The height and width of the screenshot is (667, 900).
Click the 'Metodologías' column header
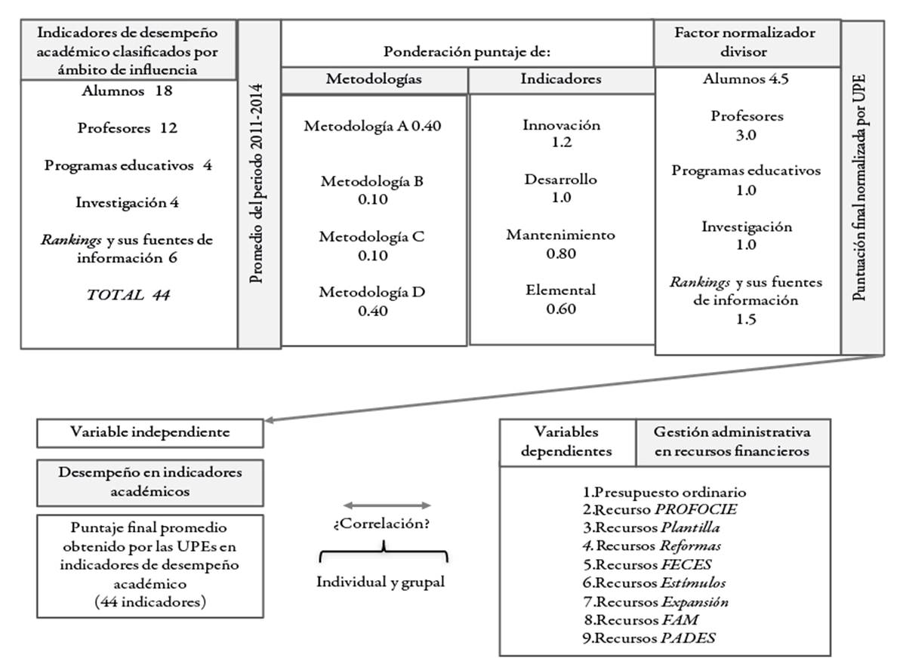click(x=374, y=78)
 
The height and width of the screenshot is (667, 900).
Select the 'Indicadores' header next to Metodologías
click(x=561, y=78)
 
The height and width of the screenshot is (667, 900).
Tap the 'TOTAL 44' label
click(x=128, y=295)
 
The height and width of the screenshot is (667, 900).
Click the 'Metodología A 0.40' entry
click(x=372, y=126)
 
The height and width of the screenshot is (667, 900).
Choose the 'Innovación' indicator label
click(x=561, y=125)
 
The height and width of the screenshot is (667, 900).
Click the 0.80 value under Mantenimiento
click(x=561, y=254)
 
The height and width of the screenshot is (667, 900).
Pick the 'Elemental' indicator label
click(x=561, y=290)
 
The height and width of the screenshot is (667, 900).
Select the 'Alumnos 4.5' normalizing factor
click(x=746, y=79)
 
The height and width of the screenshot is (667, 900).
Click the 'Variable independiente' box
click(x=150, y=433)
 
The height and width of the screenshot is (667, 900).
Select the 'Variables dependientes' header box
click(x=567, y=442)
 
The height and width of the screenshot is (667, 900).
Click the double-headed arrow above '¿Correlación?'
click(x=387, y=506)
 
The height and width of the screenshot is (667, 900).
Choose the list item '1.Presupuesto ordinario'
click(x=664, y=493)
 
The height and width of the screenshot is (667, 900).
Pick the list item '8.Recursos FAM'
click(x=646, y=619)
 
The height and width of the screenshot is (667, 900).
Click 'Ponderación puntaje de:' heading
click(x=467, y=51)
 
